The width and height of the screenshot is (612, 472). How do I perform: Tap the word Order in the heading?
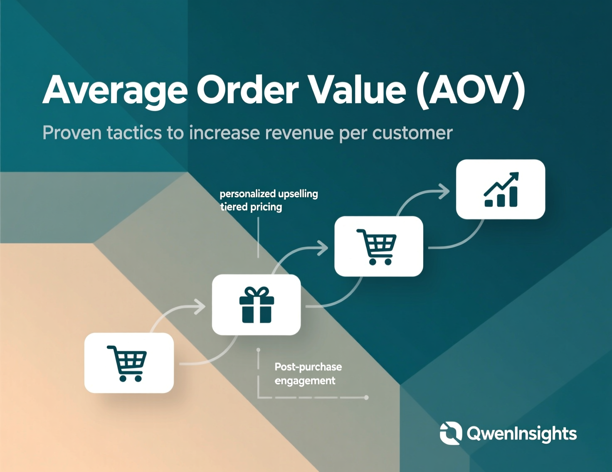[247, 90]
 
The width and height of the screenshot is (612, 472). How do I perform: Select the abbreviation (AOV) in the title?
[470, 91]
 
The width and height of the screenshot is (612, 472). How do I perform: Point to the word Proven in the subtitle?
[72, 133]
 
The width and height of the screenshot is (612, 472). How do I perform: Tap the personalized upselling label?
[269, 194]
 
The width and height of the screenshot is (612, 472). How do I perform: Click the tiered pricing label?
[251, 207]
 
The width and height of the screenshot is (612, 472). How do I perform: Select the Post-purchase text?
[308, 367]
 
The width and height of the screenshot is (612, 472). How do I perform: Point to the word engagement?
[305, 381]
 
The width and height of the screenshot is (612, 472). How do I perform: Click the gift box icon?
[257, 305]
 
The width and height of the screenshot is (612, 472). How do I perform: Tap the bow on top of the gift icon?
[257, 291]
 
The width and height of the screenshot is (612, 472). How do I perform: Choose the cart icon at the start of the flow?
[127, 364]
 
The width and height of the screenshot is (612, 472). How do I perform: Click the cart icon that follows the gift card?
[377, 247]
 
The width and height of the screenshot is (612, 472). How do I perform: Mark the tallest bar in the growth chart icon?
[513, 197]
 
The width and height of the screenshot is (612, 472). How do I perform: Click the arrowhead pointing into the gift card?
[200, 307]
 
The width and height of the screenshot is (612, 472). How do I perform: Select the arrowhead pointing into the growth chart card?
[444, 192]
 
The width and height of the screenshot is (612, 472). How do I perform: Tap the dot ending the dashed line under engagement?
[366, 397]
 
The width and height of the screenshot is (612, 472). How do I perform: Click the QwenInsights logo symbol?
[451, 433]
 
